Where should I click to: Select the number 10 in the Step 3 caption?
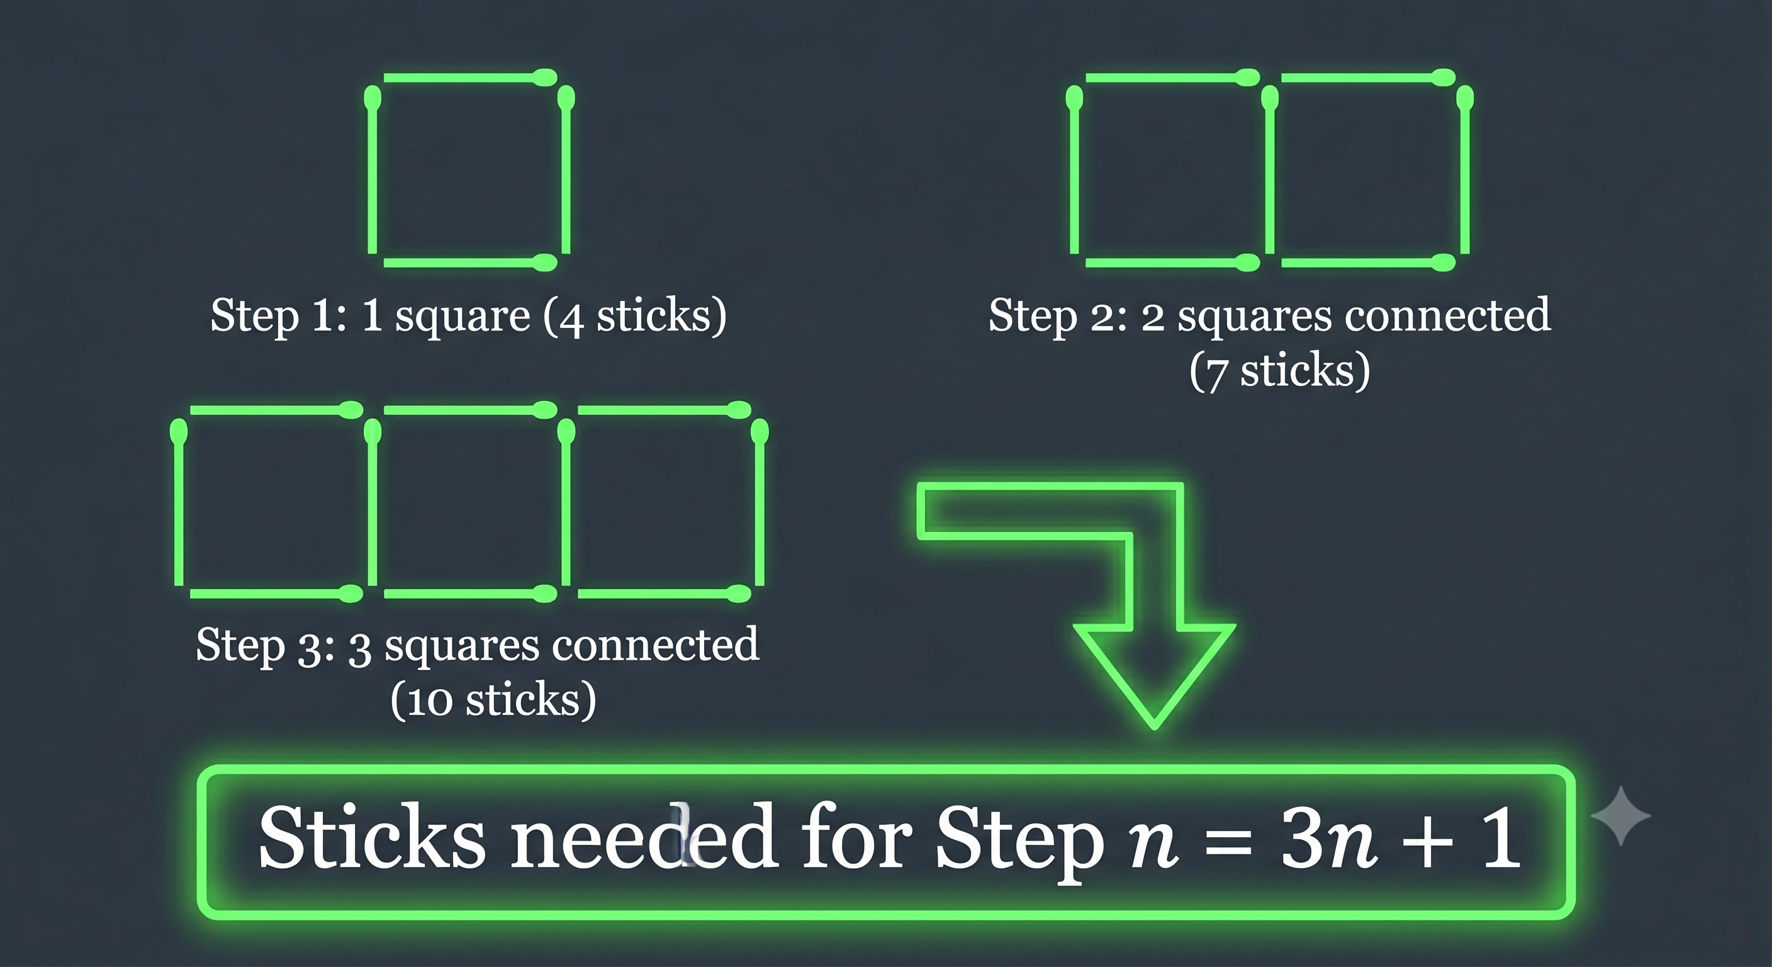click(x=429, y=701)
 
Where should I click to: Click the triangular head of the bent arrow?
click(x=1154, y=675)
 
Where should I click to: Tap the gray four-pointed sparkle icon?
click(x=1622, y=815)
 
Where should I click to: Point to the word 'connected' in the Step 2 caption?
click(x=1447, y=315)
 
